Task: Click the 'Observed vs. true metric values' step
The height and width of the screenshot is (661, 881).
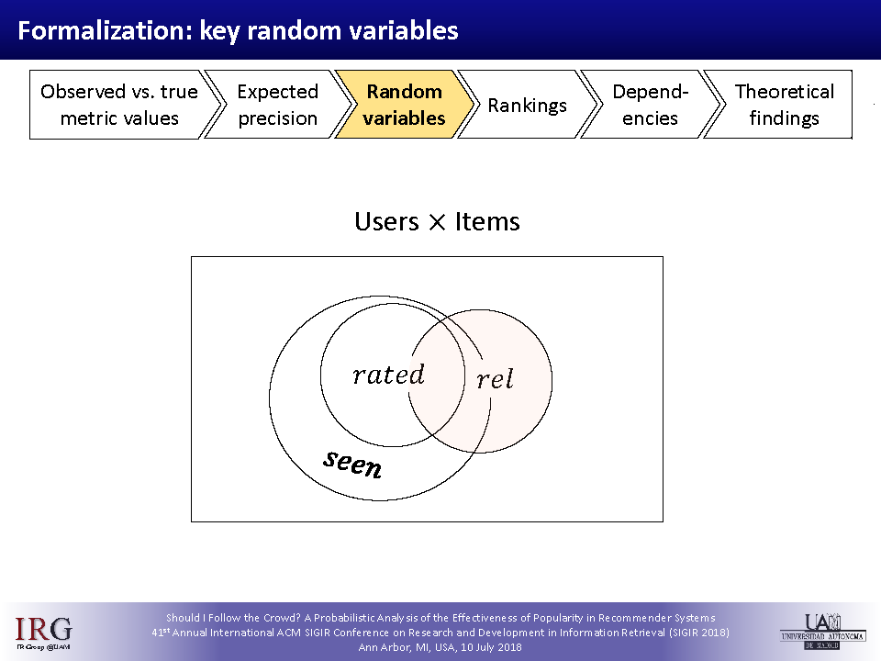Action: pos(118,105)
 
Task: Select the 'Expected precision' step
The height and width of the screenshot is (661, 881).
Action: pos(277,105)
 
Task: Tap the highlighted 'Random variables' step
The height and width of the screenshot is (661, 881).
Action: pos(404,105)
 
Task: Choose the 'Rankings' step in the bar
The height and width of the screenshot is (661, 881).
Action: pos(527,105)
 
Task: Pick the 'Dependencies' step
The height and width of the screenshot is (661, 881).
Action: pos(650,105)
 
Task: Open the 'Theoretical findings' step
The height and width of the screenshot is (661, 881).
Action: pos(784,105)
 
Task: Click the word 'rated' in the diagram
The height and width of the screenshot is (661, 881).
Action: pos(388,375)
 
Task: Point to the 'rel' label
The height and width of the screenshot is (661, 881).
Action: pos(495,378)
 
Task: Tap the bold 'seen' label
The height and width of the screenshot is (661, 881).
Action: pos(352,464)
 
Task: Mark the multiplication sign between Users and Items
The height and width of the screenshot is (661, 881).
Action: pos(437,223)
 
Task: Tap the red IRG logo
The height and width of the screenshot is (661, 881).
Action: pos(43,629)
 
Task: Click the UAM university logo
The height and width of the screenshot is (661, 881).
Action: pos(822,629)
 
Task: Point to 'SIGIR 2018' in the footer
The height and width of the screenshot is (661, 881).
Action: pos(697,633)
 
